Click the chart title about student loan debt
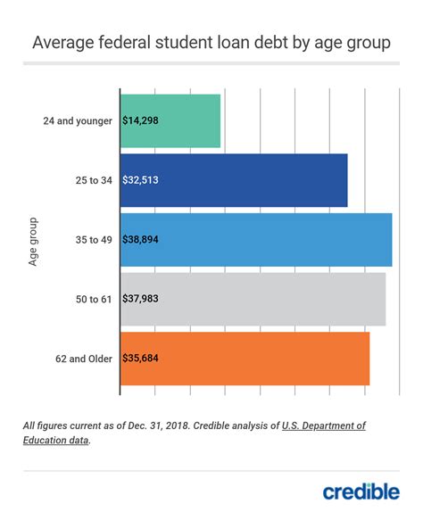click(x=211, y=42)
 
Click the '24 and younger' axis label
click(x=77, y=120)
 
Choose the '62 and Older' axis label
click(x=82, y=359)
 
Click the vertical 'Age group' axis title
click(x=33, y=240)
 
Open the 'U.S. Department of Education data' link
click(x=323, y=426)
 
